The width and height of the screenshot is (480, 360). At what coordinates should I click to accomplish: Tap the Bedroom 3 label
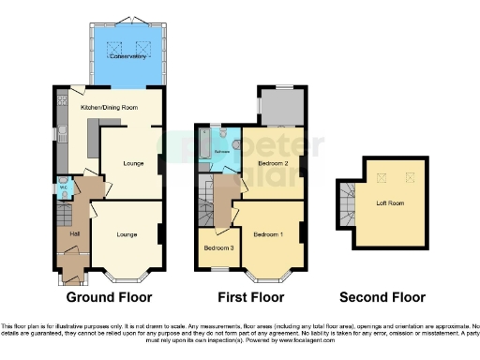pos(218,247)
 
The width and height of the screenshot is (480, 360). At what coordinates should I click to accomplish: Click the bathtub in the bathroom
pos(203,145)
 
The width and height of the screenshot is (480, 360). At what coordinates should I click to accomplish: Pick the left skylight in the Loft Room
pos(381,177)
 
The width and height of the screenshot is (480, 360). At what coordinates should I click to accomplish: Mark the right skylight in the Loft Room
pos(408,177)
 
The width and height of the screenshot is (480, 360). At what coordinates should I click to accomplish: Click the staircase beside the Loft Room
pos(347,201)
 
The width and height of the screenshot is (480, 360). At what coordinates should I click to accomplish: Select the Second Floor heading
pos(382,297)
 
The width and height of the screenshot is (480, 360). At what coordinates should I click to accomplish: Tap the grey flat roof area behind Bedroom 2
pos(280,108)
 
